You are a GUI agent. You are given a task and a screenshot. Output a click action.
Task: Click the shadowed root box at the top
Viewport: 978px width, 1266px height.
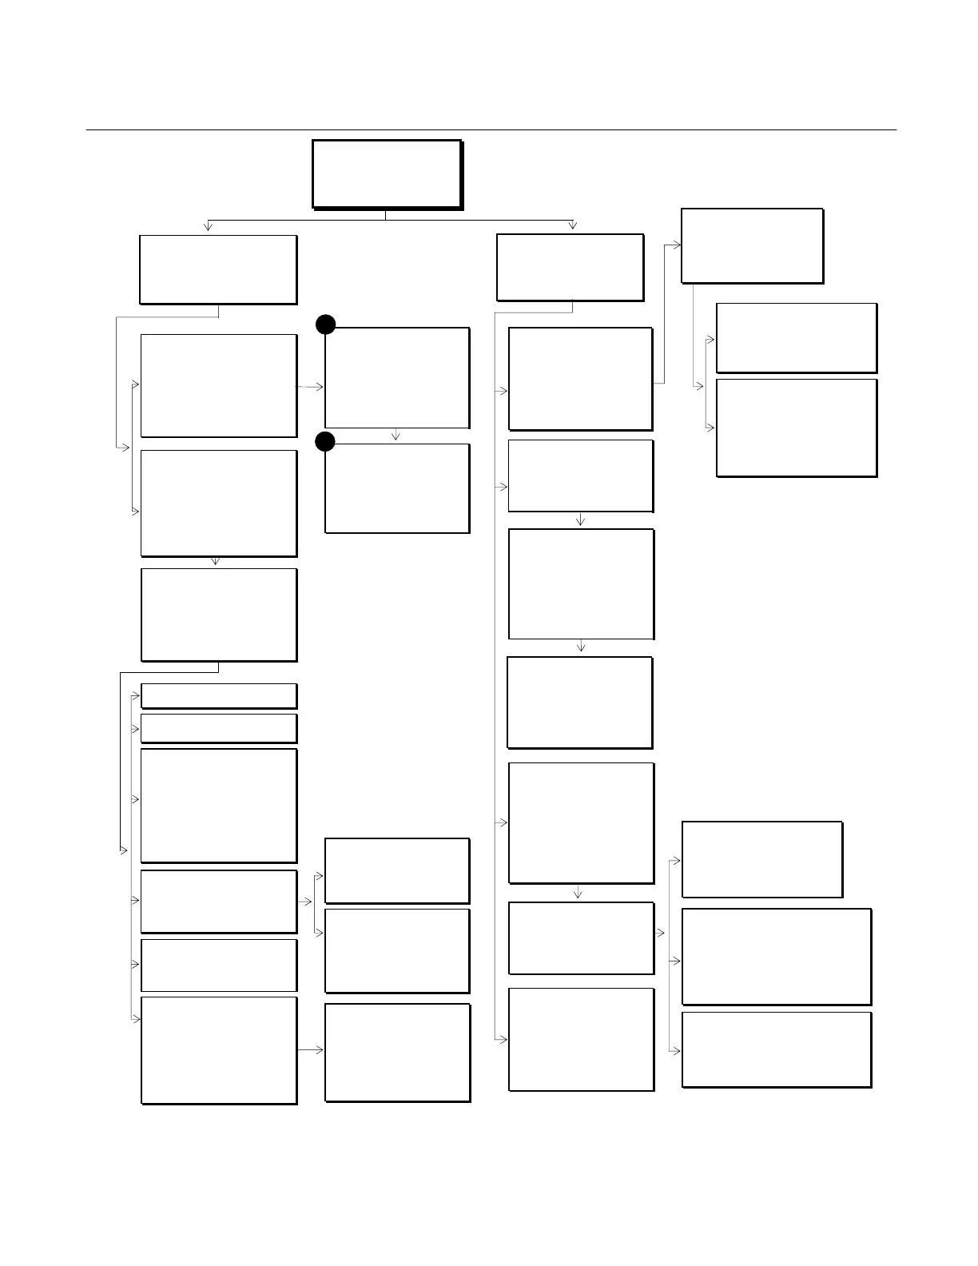click(387, 174)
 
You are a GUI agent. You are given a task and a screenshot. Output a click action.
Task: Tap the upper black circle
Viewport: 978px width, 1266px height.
click(324, 324)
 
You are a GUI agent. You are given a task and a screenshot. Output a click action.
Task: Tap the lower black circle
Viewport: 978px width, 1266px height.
click(324, 441)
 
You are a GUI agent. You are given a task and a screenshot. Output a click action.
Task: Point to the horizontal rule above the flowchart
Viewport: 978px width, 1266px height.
click(491, 129)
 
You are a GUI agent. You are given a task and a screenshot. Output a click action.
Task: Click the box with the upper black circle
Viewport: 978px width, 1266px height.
click(397, 377)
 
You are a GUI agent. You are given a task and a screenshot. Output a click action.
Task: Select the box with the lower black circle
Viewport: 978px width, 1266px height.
click(397, 488)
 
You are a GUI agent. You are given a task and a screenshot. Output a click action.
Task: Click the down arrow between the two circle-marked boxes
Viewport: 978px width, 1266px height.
click(396, 436)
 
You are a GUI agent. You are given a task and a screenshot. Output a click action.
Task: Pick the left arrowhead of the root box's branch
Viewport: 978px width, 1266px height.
click(209, 226)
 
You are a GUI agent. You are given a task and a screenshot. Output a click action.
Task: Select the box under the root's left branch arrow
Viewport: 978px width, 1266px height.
click(218, 269)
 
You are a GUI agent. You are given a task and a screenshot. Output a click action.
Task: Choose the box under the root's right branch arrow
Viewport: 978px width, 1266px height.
click(570, 267)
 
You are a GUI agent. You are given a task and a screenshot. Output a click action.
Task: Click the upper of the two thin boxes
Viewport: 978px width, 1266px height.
click(219, 696)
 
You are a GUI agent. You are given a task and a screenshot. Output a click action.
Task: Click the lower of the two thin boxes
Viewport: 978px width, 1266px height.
click(219, 728)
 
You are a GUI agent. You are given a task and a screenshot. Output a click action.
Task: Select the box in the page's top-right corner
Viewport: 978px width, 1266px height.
click(752, 245)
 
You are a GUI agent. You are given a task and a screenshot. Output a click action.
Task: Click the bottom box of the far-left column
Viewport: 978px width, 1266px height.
click(219, 1050)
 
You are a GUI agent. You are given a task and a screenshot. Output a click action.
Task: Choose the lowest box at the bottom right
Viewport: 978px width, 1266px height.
click(776, 1049)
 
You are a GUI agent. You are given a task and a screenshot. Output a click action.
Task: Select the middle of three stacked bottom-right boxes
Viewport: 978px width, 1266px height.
click(776, 957)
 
